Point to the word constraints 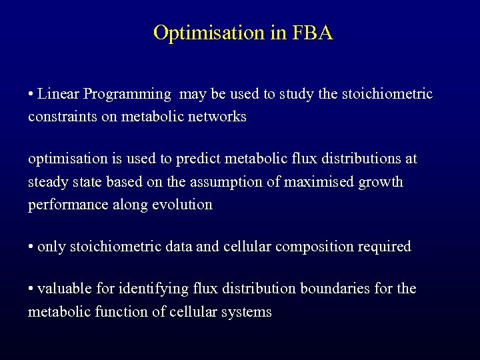[x=61, y=117]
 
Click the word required [x=385, y=247]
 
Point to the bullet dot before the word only [x=31, y=247]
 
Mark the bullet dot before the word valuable [x=31, y=289]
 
